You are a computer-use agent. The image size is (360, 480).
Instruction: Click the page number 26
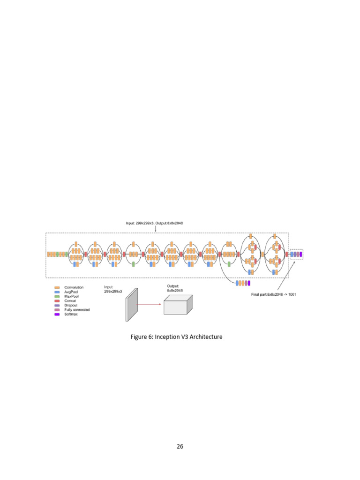point(180,446)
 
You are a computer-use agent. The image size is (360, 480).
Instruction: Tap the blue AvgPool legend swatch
point(57,292)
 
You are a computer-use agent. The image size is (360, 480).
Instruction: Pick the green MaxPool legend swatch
point(57,296)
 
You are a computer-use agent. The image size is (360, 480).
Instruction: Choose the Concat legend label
point(70,301)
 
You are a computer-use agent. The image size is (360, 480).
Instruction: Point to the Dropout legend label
point(70,305)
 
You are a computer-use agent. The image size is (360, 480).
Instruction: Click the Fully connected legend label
point(76,310)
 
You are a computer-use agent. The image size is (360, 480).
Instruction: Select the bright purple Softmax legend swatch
point(57,314)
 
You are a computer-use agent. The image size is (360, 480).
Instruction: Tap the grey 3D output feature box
point(177,305)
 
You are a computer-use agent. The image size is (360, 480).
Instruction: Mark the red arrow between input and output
point(150,304)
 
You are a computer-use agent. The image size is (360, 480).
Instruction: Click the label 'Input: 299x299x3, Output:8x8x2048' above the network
point(154,223)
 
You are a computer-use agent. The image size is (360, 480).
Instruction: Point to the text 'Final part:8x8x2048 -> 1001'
point(273,294)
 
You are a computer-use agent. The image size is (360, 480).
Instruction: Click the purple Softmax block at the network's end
point(301,254)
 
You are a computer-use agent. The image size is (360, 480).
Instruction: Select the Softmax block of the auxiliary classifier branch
point(249,283)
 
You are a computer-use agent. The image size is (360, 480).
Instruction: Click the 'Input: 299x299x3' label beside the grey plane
point(113,289)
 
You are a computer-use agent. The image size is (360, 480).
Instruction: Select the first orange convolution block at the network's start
point(48,254)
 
